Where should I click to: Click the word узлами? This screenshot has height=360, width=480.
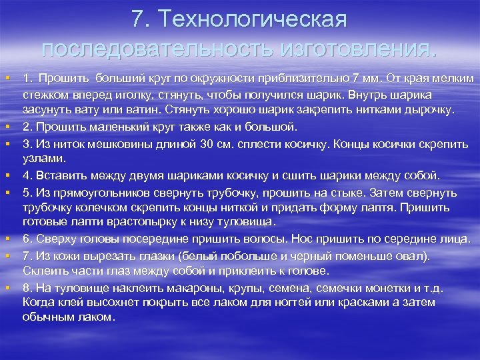(43, 159)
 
